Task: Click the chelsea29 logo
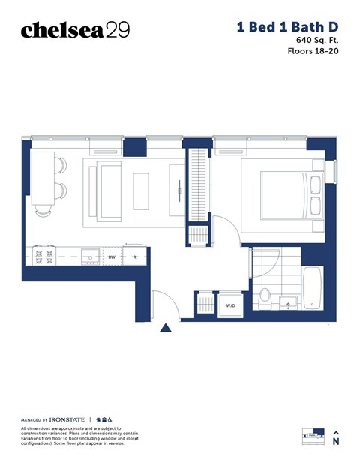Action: point(75,29)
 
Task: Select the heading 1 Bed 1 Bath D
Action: point(287,26)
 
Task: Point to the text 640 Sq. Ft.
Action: point(318,39)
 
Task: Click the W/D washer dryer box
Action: point(230,305)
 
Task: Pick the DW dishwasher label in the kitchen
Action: point(112,257)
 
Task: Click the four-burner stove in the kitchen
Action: point(43,257)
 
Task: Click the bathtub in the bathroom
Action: point(313,287)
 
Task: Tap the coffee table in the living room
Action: point(142,191)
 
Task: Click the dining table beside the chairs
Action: point(42,182)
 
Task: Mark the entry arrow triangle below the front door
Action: point(165,326)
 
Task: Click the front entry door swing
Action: point(163,304)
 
